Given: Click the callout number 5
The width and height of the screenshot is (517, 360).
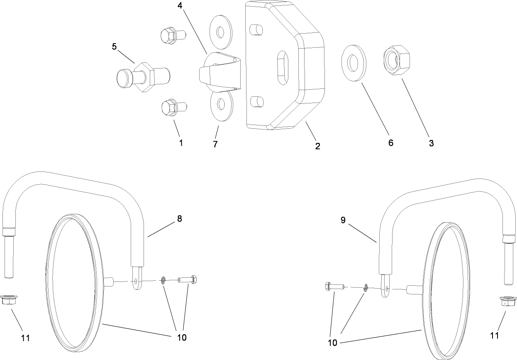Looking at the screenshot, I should click(114, 46).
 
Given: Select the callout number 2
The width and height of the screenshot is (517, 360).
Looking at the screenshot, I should click(317, 146).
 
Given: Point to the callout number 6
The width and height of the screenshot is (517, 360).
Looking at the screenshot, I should click(390, 143).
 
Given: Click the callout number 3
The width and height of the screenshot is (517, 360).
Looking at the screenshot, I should click(432, 143).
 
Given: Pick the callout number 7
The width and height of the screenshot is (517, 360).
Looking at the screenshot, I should click(215, 144).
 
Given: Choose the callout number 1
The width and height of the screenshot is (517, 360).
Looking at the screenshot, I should click(181, 143).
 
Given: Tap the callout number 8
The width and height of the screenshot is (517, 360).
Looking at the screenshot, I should click(179, 218).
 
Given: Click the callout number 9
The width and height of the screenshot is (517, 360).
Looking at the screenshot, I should click(343, 220).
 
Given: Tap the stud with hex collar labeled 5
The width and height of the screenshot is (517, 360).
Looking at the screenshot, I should click(143, 77).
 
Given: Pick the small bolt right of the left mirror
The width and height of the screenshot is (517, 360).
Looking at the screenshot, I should click(188, 279).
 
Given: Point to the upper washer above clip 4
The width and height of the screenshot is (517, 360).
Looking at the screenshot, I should click(220, 32).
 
